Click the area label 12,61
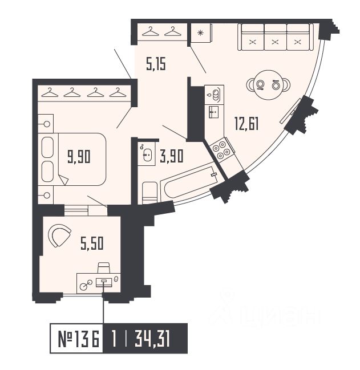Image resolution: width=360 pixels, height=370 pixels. point(246,123)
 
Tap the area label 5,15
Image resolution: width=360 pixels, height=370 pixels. point(156,65)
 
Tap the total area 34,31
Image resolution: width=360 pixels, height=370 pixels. point(153,340)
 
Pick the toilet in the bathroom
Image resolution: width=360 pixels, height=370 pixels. point(149,192)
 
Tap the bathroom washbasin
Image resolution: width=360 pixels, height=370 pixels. point(147,153)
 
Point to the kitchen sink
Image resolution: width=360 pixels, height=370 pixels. point(215,93)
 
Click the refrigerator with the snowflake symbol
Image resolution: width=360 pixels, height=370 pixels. point(200,32)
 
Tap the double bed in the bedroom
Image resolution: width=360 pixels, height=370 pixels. point(73,159)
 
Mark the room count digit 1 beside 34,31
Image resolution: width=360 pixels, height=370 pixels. point(115,340)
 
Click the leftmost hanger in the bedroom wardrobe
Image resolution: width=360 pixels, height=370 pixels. point(50,92)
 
